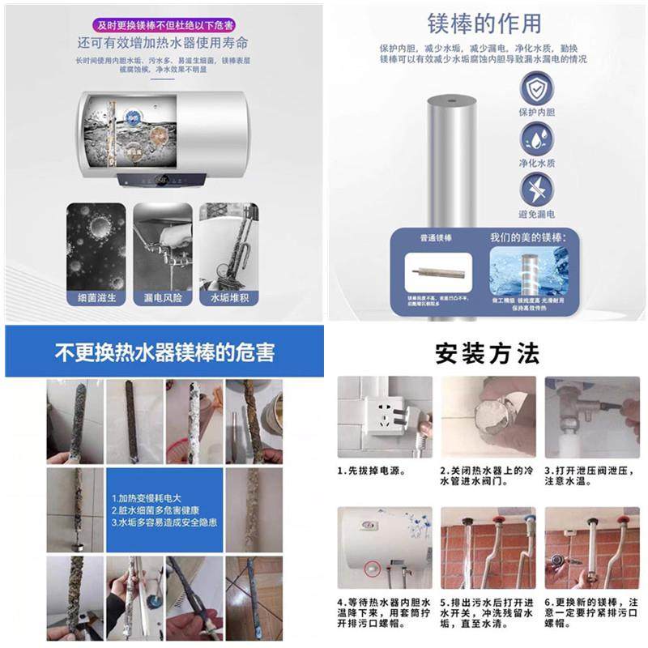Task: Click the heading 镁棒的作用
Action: pos(484,23)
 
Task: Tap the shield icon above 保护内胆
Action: pos(536,87)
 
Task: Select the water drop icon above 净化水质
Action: pos(536,138)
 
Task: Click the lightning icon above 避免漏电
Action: pos(536,189)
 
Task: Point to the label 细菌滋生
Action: pos(96,298)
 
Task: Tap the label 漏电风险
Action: pos(163,298)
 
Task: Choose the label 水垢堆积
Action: pos(229,298)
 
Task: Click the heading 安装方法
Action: pos(487,354)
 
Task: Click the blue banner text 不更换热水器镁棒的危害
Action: pos(164,353)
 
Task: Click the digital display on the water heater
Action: pos(161,179)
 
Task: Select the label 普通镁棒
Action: pos(434,238)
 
